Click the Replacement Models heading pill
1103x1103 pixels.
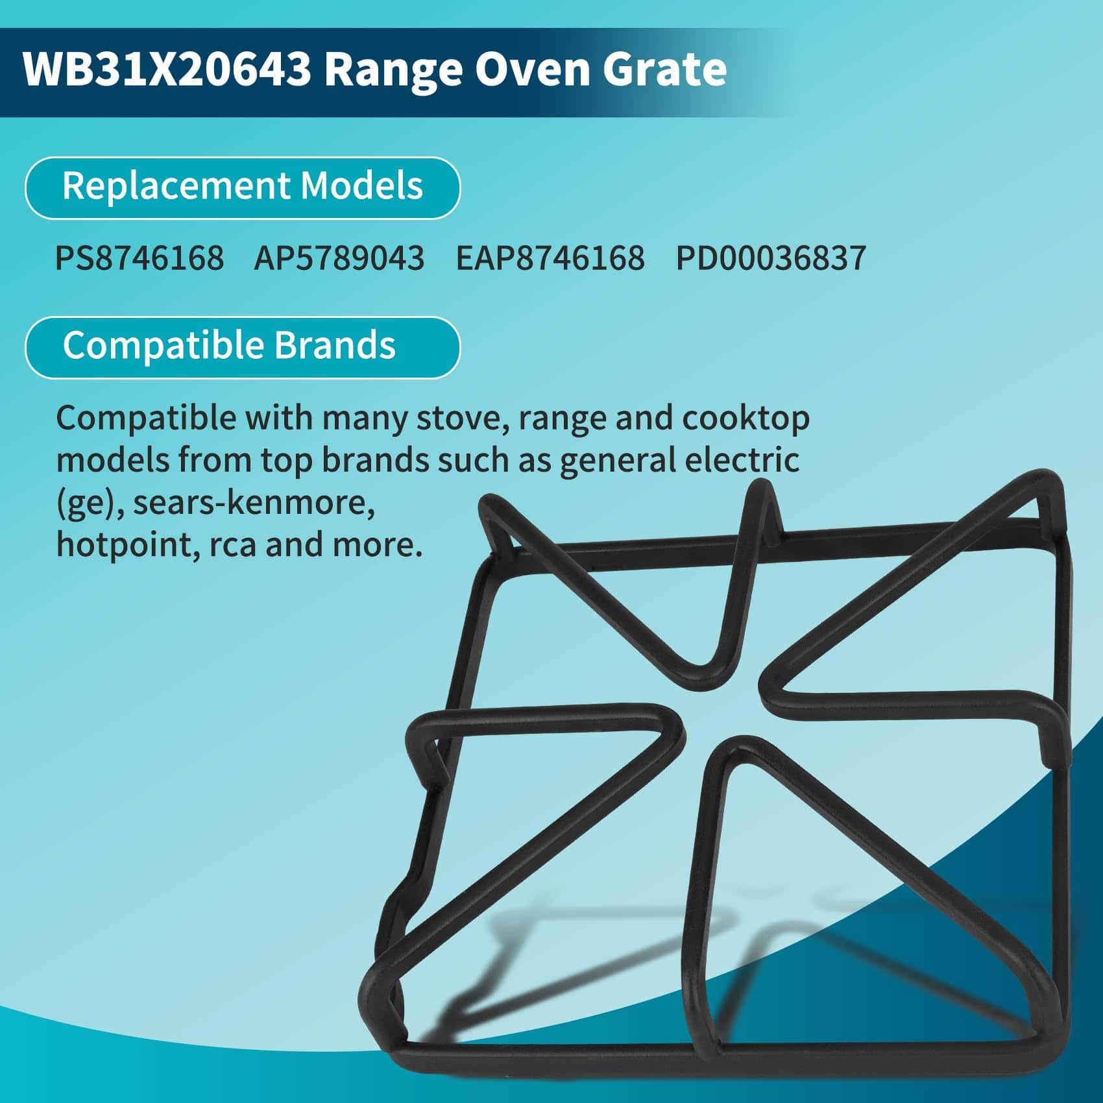(x=243, y=188)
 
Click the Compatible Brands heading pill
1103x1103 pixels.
(x=243, y=347)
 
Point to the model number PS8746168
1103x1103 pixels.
(x=139, y=258)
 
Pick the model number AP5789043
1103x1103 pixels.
(x=339, y=258)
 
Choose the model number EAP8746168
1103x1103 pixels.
(x=550, y=258)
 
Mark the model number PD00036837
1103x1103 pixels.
(x=771, y=258)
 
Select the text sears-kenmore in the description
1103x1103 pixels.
(x=254, y=503)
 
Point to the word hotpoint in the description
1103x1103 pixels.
(x=127, y=545)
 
